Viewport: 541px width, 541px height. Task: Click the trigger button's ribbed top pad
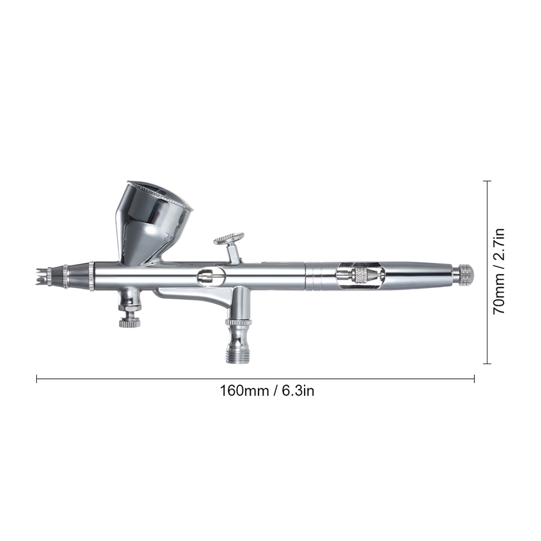pos(228,239)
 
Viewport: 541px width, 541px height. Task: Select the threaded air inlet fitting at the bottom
pos(238,351)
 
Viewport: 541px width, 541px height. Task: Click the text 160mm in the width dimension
pos(245,391)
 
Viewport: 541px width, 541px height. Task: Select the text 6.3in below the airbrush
pos(299,391)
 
